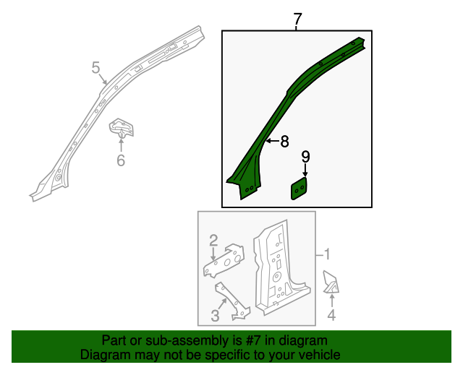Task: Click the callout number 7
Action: point(297,20)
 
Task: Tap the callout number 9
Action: point(305,156)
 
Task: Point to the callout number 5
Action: point(96,68)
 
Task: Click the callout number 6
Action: point(121,160)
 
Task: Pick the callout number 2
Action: point(213,240)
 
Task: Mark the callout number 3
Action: point(215,315)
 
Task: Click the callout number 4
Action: point(331,314)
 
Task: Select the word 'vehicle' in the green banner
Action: point(319,355)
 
